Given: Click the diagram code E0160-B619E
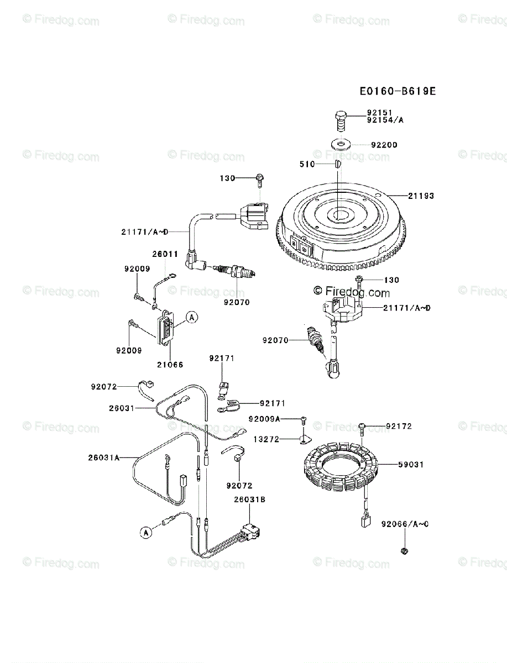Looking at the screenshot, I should click(x=396, y=91).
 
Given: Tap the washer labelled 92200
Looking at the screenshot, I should click(x=341, y=144).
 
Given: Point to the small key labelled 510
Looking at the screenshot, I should click(x=337, y=164).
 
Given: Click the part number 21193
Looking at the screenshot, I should click(x=421, y=196).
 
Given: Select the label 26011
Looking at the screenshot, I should click(x=165, y=255).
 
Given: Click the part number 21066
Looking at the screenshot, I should click(x=170, y=365).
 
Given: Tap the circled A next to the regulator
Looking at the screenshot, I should click(x=191, y=317).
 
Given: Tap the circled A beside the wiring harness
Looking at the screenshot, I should click(x=146, y=533).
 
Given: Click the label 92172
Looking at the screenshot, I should click(x=399, y=427).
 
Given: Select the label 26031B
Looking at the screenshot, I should click(x=249, y=499).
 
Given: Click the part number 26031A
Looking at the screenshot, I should click(x=103, y=457).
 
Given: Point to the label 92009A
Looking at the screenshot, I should click(x=264, y=419).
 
